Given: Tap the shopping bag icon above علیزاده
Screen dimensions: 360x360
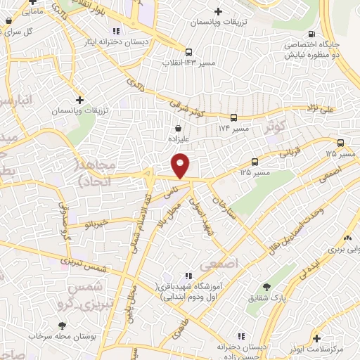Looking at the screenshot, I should (x=179, y=129).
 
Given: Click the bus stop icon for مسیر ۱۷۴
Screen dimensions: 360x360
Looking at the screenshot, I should (x=234, y=118).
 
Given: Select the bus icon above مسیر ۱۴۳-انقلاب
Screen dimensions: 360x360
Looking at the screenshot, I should (x=188, y=51).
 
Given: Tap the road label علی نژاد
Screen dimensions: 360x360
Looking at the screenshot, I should (x=334, y=108).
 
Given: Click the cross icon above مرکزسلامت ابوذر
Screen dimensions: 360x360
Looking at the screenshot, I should (x=316, y=338).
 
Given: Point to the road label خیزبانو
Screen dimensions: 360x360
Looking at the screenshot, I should (x=94, y=224).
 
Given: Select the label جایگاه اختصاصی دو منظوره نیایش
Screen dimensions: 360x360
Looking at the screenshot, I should (x=313, y=48).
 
